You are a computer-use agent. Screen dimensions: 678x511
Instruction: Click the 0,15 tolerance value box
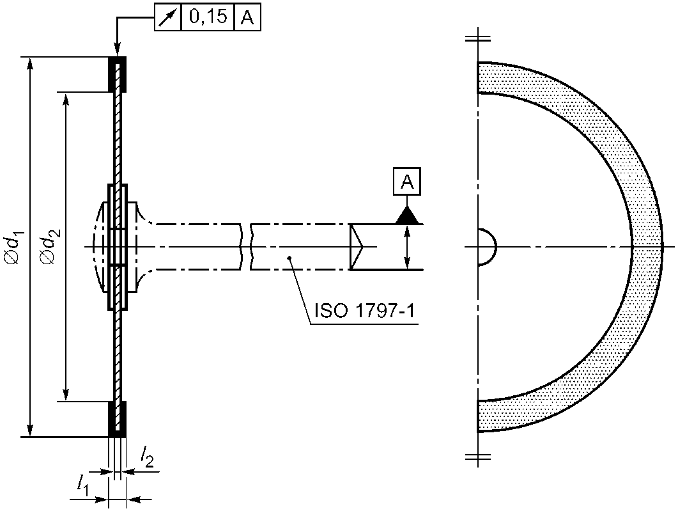[x=208, y=17]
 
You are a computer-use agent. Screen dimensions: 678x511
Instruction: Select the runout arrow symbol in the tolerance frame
[x=168, y=17]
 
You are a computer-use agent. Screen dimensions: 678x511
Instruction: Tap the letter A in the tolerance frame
[x=247, y=17]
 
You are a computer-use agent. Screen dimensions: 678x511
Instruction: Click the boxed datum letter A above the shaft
[x=407, y=181]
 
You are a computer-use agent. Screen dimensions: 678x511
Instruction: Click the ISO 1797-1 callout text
[x=364, y=311]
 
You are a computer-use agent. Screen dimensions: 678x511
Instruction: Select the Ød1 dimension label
[x=13, y=247]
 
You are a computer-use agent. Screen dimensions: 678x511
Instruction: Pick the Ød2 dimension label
[x=49, y=247]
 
